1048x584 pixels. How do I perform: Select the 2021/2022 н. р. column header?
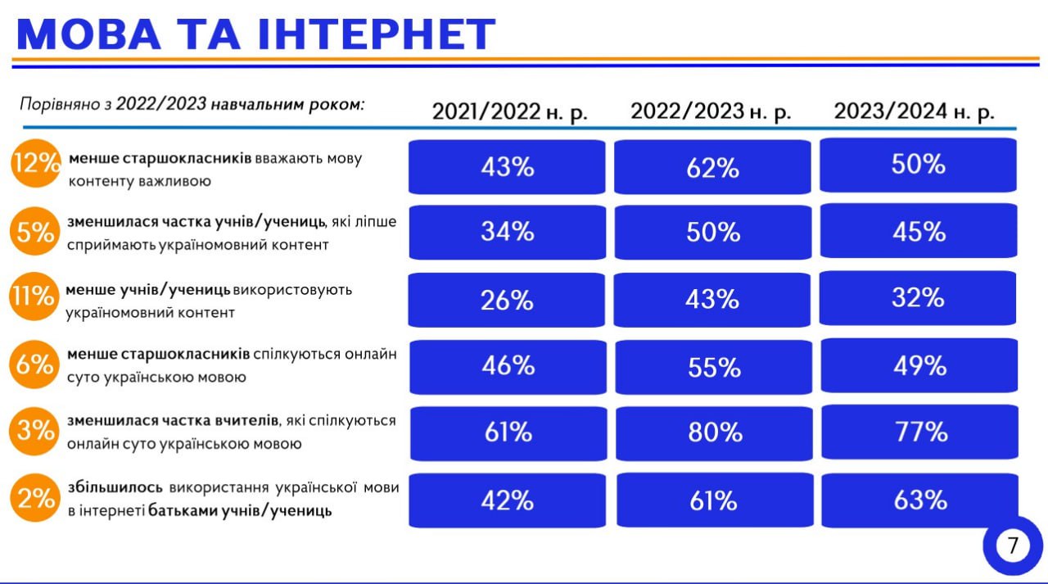point(510,112)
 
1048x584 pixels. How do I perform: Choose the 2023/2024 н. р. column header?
point(915,111)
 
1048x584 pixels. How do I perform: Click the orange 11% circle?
point(33,296)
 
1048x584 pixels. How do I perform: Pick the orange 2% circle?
point(35,498)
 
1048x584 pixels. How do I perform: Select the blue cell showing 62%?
point(713,168)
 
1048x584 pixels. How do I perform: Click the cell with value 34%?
point(508,232)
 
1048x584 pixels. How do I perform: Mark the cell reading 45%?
point(919,232)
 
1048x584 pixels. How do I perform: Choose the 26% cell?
point(508,300)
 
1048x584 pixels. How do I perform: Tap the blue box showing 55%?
point(714,367)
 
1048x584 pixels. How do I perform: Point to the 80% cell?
point(714,432)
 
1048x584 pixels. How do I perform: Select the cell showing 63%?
point(920,500)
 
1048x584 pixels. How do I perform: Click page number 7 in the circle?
point(1012,546)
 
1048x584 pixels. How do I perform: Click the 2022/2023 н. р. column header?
point(711,112)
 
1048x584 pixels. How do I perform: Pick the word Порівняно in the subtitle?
point(57,105)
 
